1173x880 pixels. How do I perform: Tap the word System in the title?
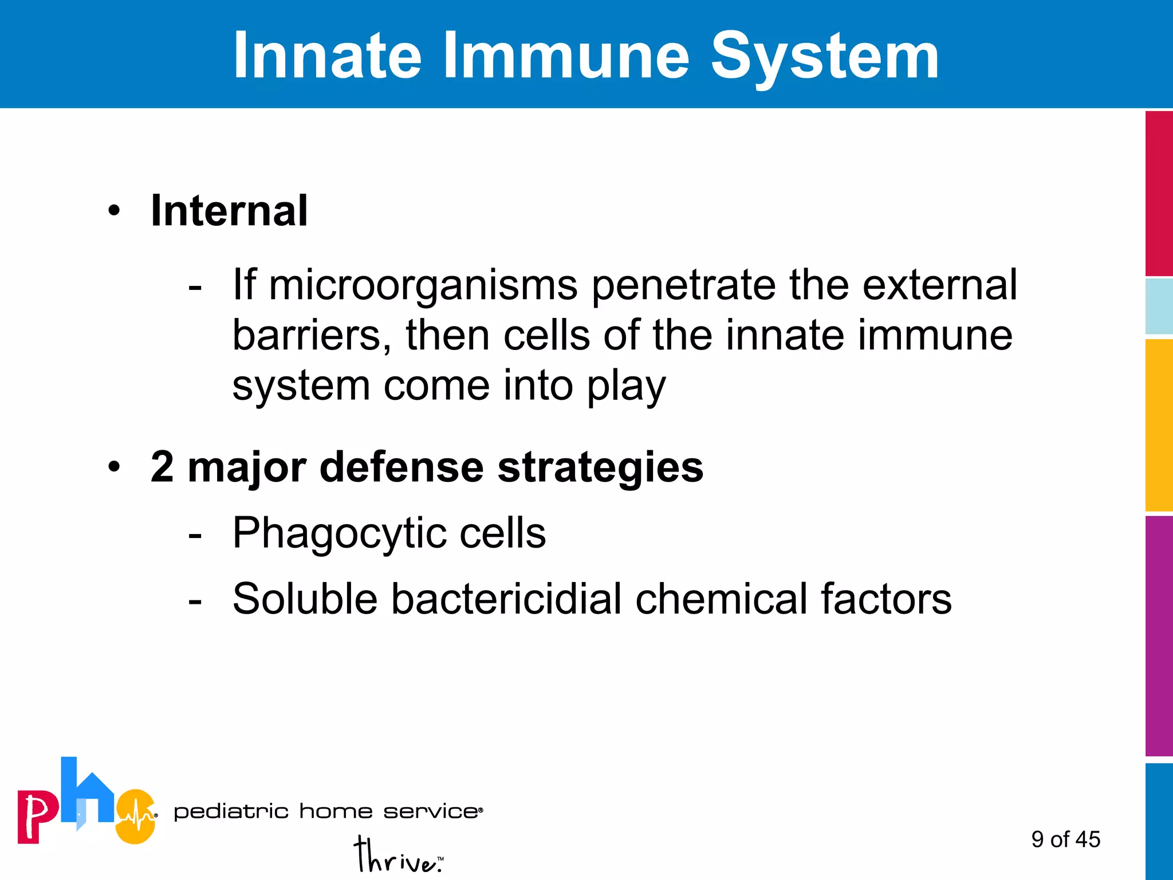[x=825, y=56]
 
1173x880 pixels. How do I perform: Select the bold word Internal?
[x=229, y=211]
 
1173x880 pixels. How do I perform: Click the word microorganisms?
[x=423, y=285]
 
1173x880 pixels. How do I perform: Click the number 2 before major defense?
[x=162, y=467]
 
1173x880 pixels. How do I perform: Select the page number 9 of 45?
[x=1065, y=839]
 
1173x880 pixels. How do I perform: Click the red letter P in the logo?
[x=37, y=816]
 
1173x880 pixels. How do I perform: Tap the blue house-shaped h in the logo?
[x=86, y=793]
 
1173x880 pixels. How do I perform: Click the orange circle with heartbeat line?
[x=136, y=816]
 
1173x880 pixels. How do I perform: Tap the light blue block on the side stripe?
[x=1159, y=307]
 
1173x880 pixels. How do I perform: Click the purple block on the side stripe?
[x=1159, y=636]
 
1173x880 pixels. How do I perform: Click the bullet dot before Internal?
[x=115, y=211]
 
